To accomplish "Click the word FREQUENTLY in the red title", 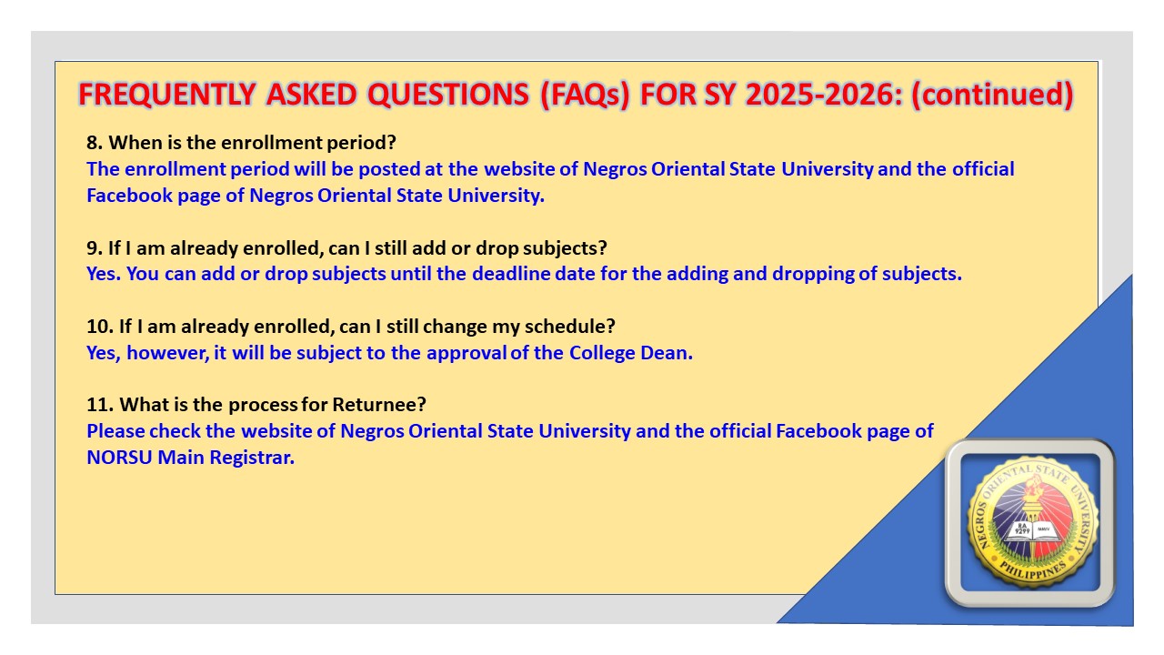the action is (166, 95).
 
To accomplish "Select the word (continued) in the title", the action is (992, 95).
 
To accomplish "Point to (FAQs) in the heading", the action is (585, 95).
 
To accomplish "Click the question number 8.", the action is (95, 143).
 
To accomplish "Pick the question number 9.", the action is (95, 248).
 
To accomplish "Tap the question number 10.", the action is (99, 327).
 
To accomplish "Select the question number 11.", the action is (99, 405).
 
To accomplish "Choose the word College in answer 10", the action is (602, 353).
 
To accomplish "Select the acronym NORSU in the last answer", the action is (119, 458).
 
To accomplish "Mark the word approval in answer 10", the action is (467, 354).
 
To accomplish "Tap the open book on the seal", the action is (1030, 530).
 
